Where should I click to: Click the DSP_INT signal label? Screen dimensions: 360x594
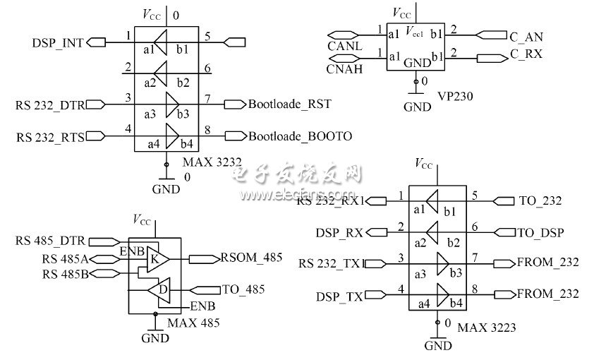(x=57, y=42)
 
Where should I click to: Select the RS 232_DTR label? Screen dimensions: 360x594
(x=49, y=105)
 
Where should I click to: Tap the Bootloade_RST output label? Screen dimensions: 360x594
(x=289, y=104)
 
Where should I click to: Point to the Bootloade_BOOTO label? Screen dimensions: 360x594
(x=299, y=136)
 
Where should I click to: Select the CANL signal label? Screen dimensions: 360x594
(x=345, y=46)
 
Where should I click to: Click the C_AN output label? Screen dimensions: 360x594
(x=526, y=35)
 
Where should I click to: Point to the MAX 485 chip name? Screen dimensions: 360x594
(x=193, y=323)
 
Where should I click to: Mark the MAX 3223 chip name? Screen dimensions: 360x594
(x=487, y=328)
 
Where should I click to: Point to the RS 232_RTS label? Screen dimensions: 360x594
(x=49, y=137)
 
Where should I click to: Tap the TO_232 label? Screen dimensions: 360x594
(x=540, y=200)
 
